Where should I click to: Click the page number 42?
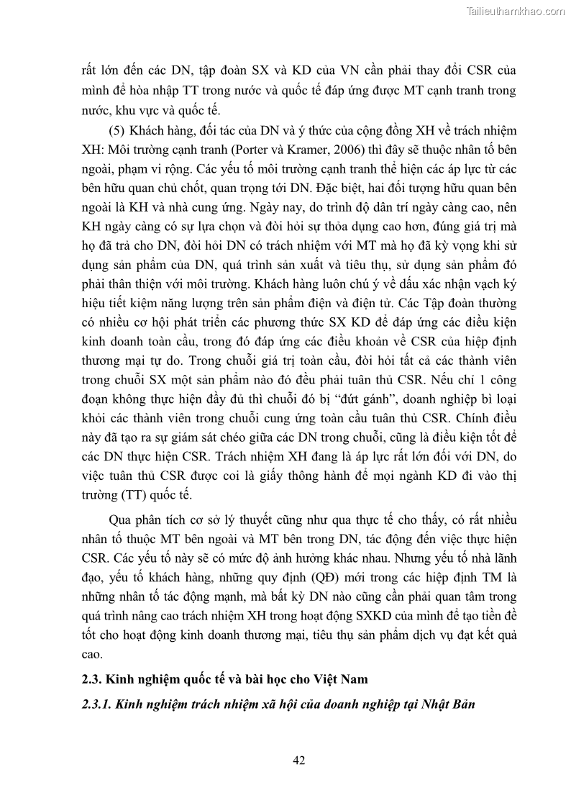click(x=300, y=760)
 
